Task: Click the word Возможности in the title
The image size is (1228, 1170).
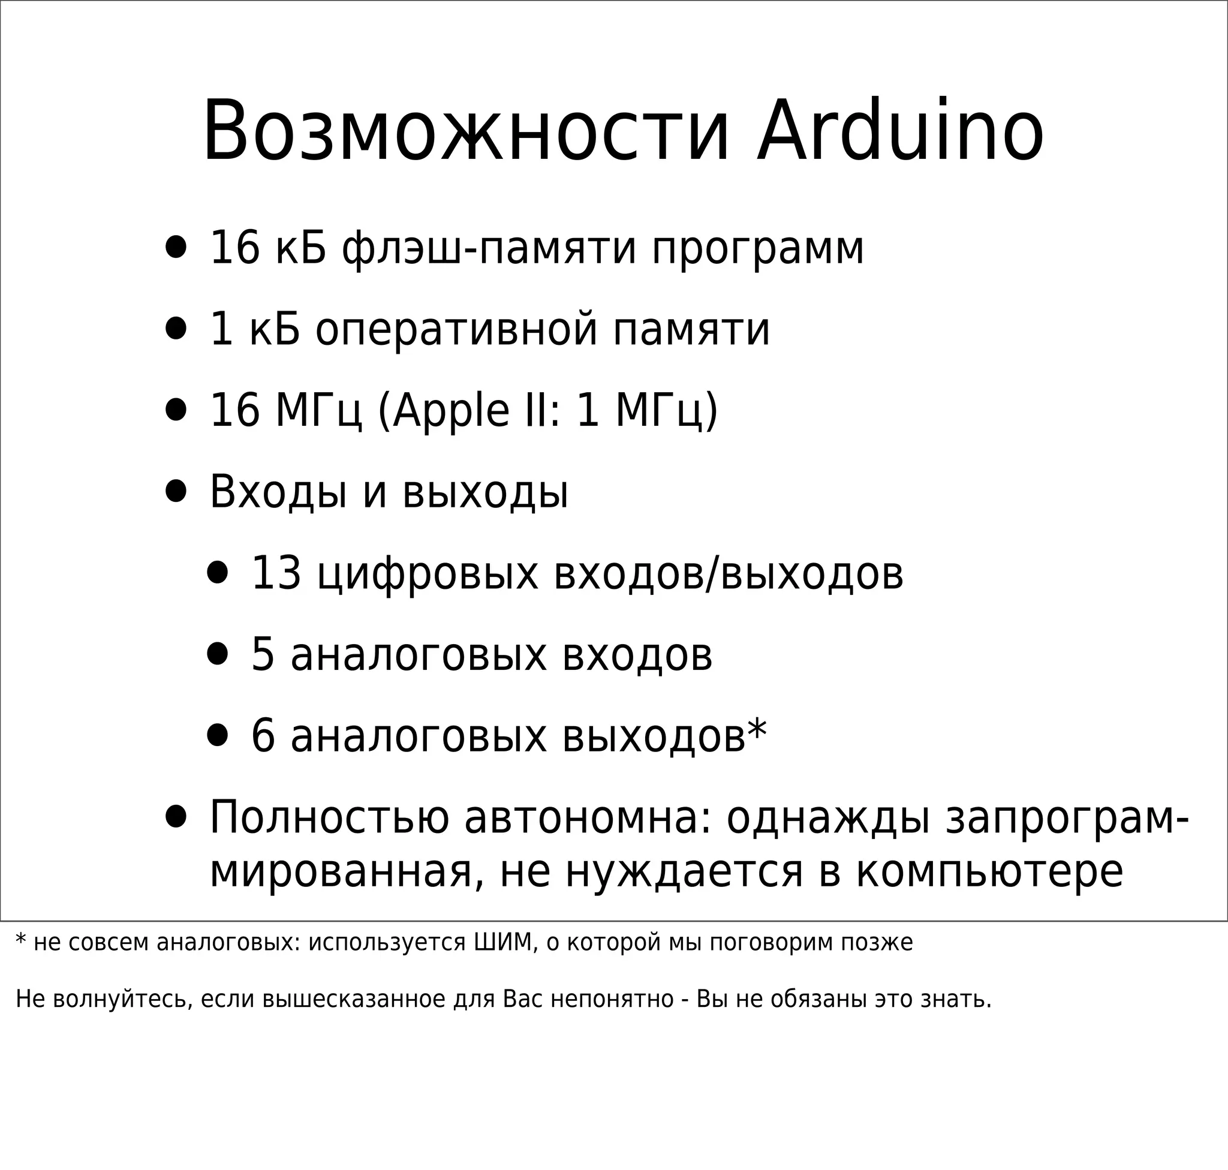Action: (465, 132)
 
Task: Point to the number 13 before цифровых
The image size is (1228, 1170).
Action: (276, 573)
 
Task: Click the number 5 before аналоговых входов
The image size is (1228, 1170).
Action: (263, 655)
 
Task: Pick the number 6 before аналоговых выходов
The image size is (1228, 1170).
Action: (263, 736)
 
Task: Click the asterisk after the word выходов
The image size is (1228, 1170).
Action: (757, 730)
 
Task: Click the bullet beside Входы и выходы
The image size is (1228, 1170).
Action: (176, 492)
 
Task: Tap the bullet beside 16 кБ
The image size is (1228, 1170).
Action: (176, 248)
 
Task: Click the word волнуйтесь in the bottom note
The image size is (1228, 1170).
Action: (122, 999)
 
